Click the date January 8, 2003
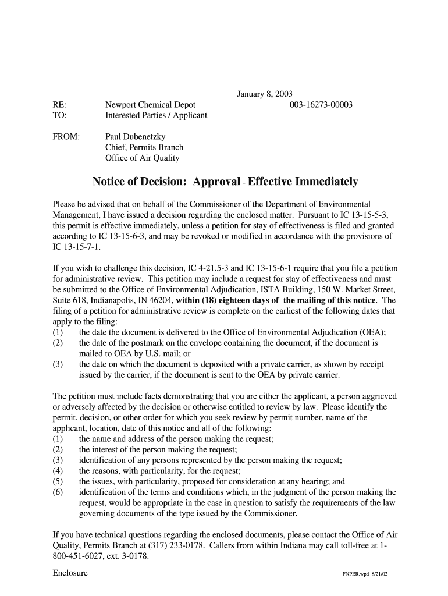tap(264, 94)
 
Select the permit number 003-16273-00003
tap(321, 105)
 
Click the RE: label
tap(59, 105)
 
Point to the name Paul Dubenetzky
tap(134, 137)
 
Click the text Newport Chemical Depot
tap(150, 105)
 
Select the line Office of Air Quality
tap(142, 158)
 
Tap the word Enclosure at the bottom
tap(70, 573)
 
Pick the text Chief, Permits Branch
tap(144, 147)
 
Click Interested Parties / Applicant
tap(156, 115)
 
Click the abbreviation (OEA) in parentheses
tap(371, 332)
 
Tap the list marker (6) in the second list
tap(58, 492)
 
